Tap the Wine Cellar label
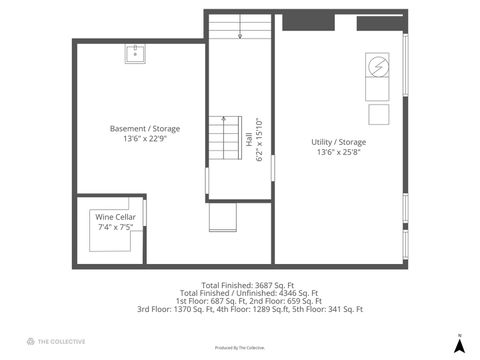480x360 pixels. [115, 217]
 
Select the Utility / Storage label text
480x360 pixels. [338, 142]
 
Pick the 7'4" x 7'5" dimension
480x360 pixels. [115, 227]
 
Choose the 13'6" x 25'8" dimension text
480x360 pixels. [338, 153]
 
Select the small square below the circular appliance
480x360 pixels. [379, 113]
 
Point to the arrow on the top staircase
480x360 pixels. [240, 34]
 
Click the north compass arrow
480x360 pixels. [459, 345]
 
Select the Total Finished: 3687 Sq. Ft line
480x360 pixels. [240, 284]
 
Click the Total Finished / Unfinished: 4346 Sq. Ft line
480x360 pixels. [240, 293]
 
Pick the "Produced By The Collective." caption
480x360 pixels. [240, 348]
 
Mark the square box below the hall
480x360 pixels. [222, 217]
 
